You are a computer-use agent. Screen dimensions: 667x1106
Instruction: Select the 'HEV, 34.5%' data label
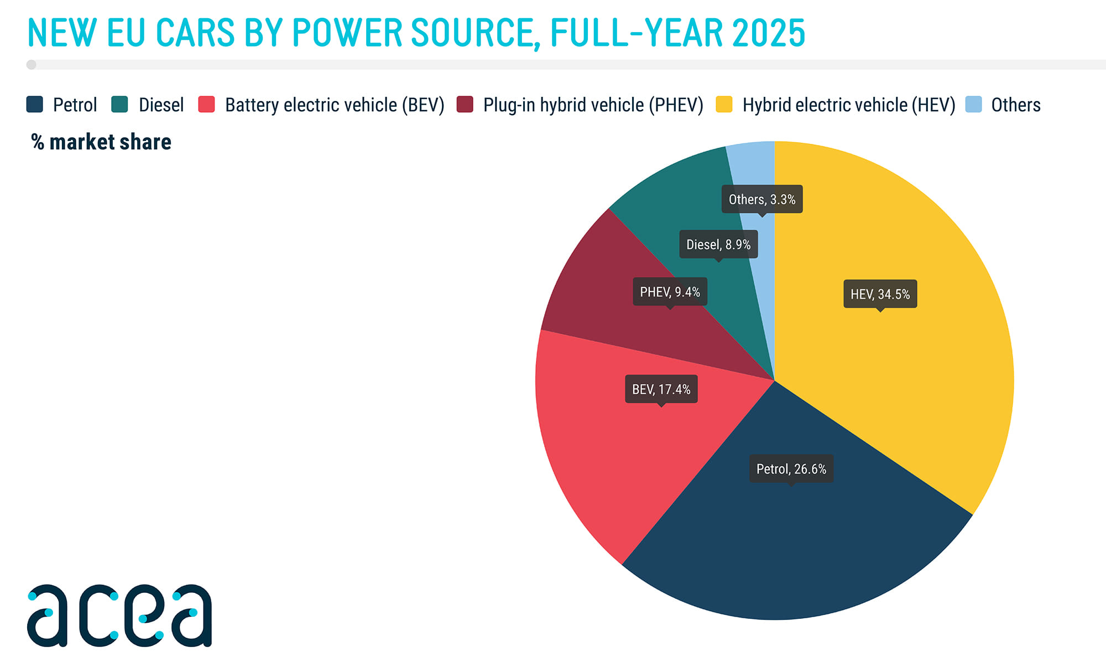tap(880, 294)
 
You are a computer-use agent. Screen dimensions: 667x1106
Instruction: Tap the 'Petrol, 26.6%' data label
tap(791, 469)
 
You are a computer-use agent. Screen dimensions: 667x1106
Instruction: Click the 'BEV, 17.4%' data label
tap(661, 389)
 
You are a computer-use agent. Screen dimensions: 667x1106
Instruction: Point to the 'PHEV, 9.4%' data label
tap(670, 291)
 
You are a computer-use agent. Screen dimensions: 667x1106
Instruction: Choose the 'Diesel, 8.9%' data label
tap(718, 244)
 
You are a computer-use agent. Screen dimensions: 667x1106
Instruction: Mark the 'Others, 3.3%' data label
tap(761, 199)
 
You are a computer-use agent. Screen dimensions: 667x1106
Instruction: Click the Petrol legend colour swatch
tap(34, 105)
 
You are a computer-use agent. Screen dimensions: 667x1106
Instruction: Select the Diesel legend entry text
tap(161, 105)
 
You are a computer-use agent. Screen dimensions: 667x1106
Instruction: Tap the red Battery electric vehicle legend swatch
tap(206, 105)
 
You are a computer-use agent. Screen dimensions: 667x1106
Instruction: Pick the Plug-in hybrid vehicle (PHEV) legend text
tap(593, 105)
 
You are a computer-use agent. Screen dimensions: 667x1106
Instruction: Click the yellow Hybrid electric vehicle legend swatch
tap(724, 105)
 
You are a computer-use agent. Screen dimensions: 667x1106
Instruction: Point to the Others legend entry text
tap(1015, 105)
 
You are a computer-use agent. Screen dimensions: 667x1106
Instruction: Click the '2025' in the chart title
tap(769, 33)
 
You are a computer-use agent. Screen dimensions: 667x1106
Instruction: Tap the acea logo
tap(119, 615)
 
